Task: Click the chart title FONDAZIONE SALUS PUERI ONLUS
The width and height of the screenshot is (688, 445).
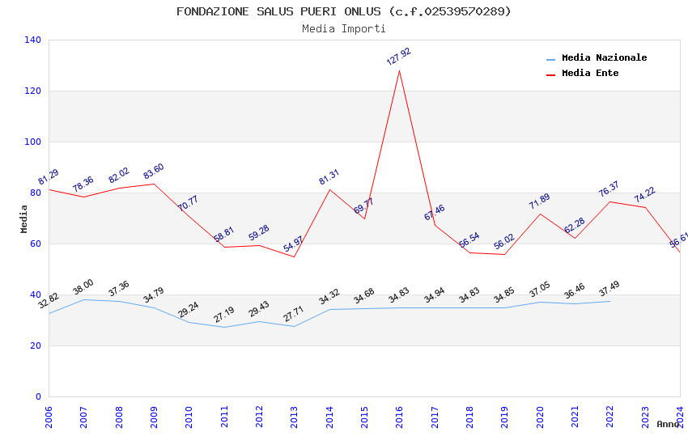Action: (x=344, y=11)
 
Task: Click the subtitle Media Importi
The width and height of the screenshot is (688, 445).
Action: (x=344, y=29)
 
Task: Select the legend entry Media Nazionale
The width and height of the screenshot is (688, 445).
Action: (x=604, y=58)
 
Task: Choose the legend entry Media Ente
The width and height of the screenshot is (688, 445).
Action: (x=590, y=74)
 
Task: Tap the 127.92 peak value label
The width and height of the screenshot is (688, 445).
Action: (x=398, y=57)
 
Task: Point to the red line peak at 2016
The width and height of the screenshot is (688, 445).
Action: (x=399, y=70)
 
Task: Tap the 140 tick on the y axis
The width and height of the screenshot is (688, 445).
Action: (x=32, y=40)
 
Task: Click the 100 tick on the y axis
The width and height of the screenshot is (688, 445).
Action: (x=32, y=142)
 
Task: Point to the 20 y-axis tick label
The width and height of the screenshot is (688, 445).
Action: (x=36, y=345)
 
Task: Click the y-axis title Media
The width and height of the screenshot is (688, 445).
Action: (x=23, y=218)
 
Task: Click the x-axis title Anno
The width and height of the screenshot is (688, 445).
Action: (x=668, y=424)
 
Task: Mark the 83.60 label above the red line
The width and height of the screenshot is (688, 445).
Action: (x=153, y=172)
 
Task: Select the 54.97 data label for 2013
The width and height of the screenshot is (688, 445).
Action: (x=293, y=244)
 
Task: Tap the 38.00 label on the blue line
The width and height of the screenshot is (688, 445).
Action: (x=83, y=287)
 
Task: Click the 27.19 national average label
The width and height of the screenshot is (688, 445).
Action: (x=223, y=315)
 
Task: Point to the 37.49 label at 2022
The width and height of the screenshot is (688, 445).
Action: (x=609, y=289)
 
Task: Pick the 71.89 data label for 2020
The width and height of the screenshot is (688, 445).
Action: (x=539, y=201)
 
